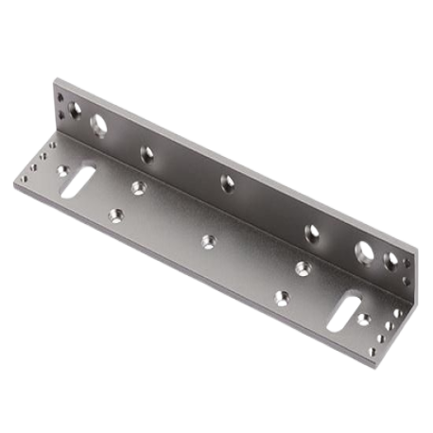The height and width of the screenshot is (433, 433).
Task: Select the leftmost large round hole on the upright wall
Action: (x=98, y=123)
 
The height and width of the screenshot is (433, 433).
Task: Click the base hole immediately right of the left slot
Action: (x=138, y=186)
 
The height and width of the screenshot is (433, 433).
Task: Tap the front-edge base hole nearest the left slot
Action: (x=116, y=216)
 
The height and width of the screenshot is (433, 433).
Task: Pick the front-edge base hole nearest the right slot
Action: (x=281, y=296)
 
